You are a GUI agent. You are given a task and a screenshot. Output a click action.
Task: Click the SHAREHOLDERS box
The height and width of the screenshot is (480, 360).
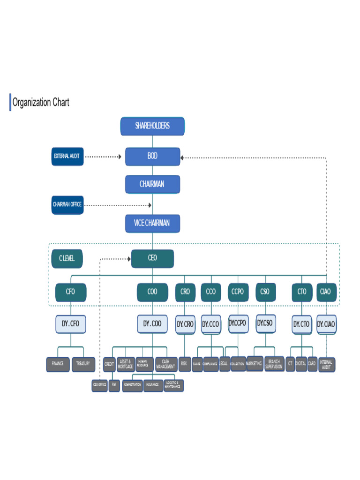[152, 126]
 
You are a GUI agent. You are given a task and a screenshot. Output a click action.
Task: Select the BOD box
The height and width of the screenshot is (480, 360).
[152, 157]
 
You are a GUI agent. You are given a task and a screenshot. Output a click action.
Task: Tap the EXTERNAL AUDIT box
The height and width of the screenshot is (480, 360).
[67, 156]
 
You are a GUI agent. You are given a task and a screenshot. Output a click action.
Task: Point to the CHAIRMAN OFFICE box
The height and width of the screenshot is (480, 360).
[67, 205]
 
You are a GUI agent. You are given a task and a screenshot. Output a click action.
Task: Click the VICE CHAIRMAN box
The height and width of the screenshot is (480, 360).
[152, 224]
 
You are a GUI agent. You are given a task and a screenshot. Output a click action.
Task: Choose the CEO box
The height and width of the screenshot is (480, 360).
[152, 258]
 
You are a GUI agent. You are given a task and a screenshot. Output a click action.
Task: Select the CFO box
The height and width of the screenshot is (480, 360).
[70, 292]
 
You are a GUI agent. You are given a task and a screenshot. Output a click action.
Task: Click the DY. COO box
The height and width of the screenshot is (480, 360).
[152, 324]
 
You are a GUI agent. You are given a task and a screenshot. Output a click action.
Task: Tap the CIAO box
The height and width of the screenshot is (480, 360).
[325, 292]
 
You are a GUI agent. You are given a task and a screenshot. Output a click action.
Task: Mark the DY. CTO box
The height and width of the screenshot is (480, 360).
[301, 324]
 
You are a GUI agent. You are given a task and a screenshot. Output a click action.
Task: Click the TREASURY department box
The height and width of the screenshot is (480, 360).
[83, 364]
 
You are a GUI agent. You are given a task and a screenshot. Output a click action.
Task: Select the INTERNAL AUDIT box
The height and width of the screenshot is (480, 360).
[326, 365]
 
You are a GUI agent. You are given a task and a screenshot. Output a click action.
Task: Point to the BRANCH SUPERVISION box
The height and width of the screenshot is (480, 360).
[274, 364]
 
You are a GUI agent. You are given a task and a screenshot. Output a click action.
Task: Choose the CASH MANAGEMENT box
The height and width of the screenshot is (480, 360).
[166, 364]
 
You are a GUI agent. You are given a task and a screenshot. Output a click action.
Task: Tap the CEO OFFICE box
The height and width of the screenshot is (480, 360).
[99, 385]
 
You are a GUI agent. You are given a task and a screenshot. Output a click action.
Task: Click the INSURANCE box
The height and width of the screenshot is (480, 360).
[152, 385]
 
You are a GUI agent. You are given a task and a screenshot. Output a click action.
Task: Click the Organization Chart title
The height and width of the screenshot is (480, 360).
[41, 102]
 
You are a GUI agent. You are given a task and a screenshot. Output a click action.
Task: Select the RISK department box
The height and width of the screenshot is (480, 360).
[184, 364]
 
